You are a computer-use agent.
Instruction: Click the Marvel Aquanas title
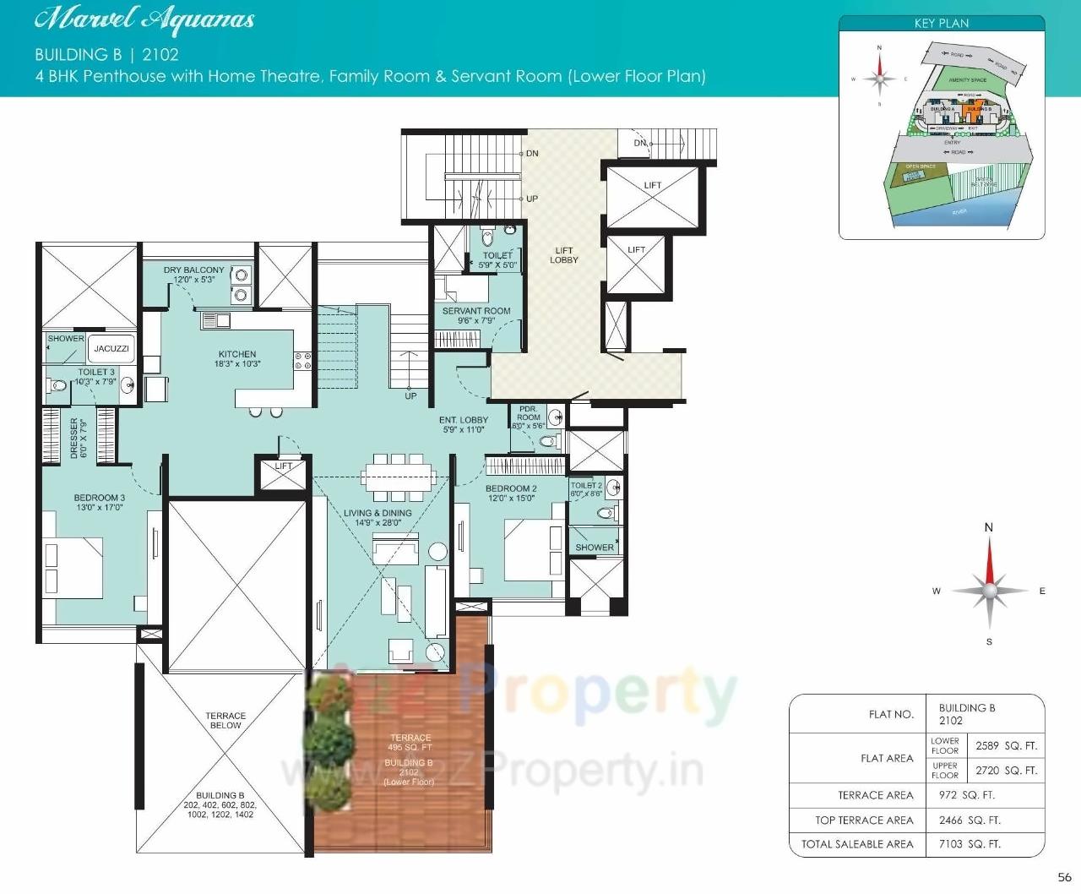click(x=144, y=19)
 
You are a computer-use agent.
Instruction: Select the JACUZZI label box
click(x=111, y=348)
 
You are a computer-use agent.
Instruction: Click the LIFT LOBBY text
click(x=564, y=255)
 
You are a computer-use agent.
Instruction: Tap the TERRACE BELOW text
click(x=225, y=720)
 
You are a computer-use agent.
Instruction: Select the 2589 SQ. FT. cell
click(x=1006, y=746)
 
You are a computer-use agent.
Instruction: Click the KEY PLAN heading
click(x=942, y=24)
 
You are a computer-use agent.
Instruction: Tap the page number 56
click(x=1064, y=877)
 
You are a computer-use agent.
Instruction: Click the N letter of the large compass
click(x=989, y=527)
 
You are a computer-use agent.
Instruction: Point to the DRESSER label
click(x=77, y=438)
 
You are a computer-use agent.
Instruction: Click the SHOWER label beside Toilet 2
click(x=595, y=548)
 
